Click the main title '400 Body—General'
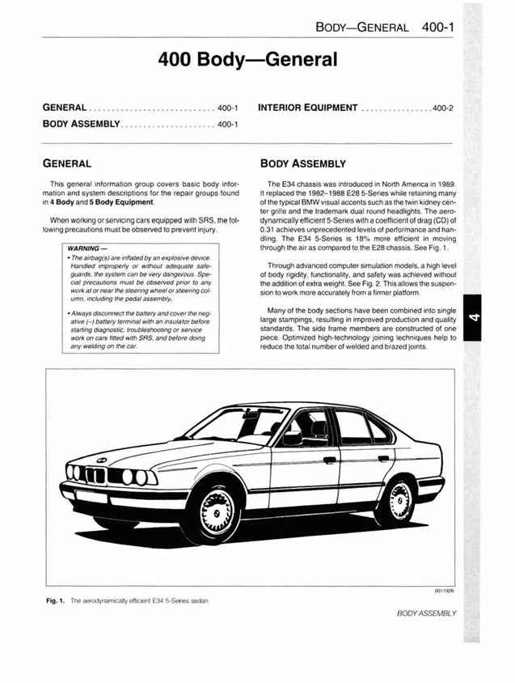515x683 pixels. pos(247,59)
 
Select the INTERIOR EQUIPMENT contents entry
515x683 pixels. pos(307,108)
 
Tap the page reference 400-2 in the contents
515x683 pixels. pos(442,108)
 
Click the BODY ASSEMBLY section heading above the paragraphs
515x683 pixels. pos(301,163)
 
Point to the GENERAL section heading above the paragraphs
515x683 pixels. pos(72,163)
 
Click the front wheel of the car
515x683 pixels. pos(215,509)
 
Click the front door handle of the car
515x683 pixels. pos(329,460)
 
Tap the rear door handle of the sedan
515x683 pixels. pos(383,458)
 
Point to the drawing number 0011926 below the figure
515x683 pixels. pos(444,592)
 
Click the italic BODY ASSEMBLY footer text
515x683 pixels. pos(426,613)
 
